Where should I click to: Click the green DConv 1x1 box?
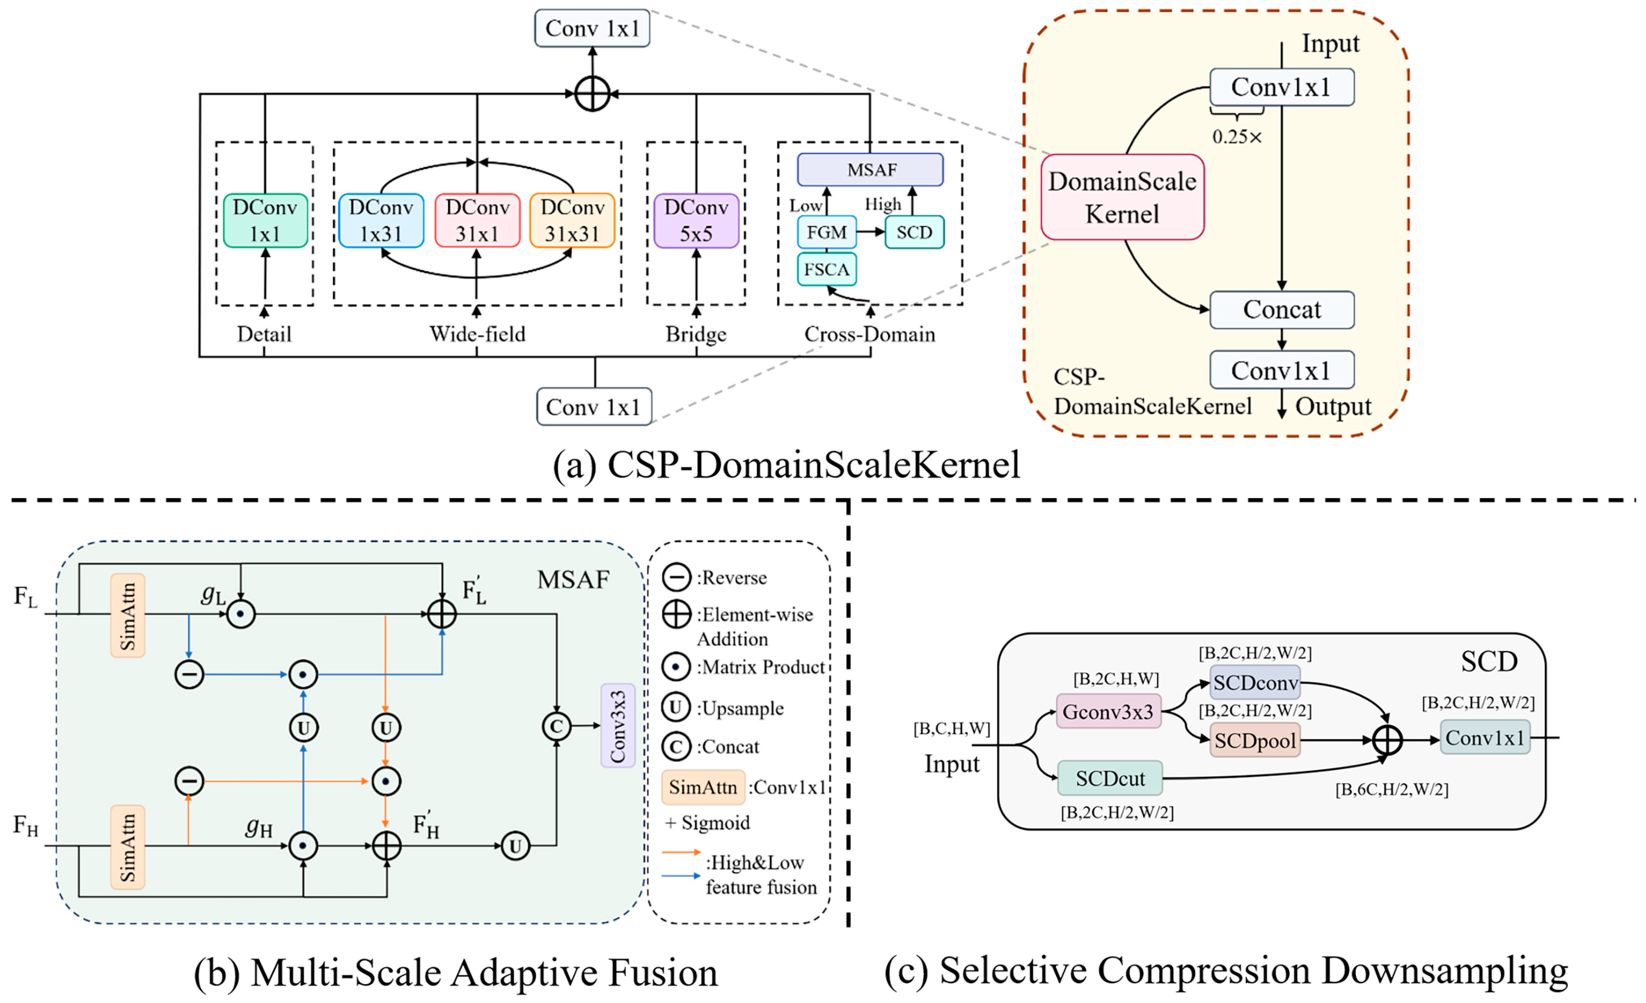pos(265,221)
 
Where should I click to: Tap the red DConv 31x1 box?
pos(477,221)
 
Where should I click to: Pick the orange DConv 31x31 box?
pos(572,221)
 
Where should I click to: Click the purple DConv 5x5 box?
pos(696,221)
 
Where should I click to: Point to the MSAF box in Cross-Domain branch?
pos(870,170)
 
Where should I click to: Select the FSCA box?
pos(827,269)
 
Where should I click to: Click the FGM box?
pos(827,233)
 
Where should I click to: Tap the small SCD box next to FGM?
pos(914,233)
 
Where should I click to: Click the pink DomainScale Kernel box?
pos(1122,197)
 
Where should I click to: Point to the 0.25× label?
pos(1237,137)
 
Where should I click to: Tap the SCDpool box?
pos(1255,740)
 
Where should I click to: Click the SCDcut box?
pos(1110,779)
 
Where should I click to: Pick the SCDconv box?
pos(1255,682)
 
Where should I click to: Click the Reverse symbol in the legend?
pos(676,577)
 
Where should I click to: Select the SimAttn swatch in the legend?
pos(703,787)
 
